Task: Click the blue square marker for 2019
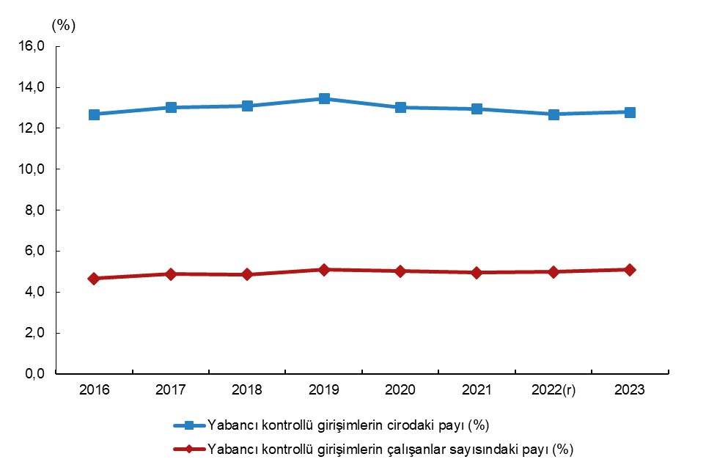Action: (x=324, y=99)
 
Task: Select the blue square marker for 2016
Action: (x=95, y=114)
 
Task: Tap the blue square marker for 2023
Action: (x=630, y=112)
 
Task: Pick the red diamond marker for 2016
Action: (x=95, y=279)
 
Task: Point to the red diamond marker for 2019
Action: (x=324, y=270)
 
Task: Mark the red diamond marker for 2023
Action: (x=630, y=270)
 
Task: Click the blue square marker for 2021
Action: (x=477, y=109)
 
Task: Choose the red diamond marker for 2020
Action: (x=400, y=271)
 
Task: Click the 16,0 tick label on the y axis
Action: (x=32, y=47)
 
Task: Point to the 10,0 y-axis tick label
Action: (x=32, y=169)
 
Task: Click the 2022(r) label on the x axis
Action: (x=553, y=390)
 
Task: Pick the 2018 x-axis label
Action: (x=248, y=390)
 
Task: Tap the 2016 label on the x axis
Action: (x=95, y=390)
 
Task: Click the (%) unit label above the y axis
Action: (x=64, y=24)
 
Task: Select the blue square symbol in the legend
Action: (x=189, y=425)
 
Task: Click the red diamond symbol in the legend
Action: (x=189, y=449)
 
